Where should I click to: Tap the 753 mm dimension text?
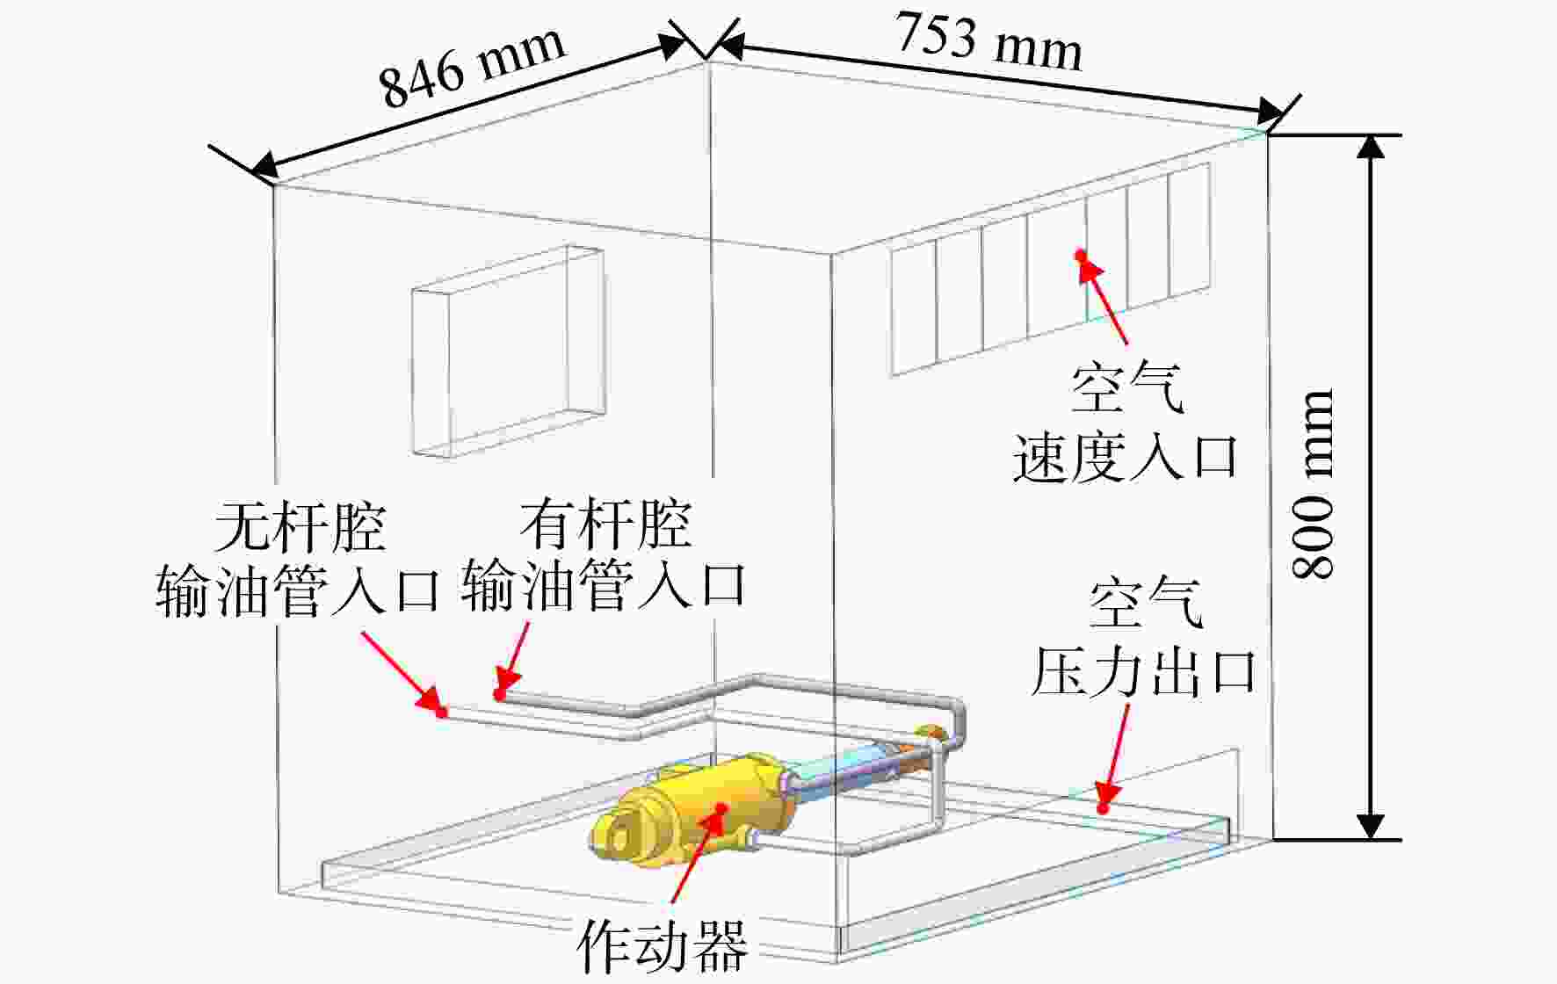989,42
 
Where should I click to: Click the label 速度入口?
1126,458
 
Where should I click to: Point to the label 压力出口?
1143,672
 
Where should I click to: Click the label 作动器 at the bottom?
662,946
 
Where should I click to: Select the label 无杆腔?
301,526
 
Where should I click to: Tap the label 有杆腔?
605,525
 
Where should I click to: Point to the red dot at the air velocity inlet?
1081,255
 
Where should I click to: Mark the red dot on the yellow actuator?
721,807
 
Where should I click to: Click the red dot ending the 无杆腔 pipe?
442,712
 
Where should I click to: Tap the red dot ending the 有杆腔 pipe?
498,695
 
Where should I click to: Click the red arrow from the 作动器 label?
698,854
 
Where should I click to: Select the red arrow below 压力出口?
1115,755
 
